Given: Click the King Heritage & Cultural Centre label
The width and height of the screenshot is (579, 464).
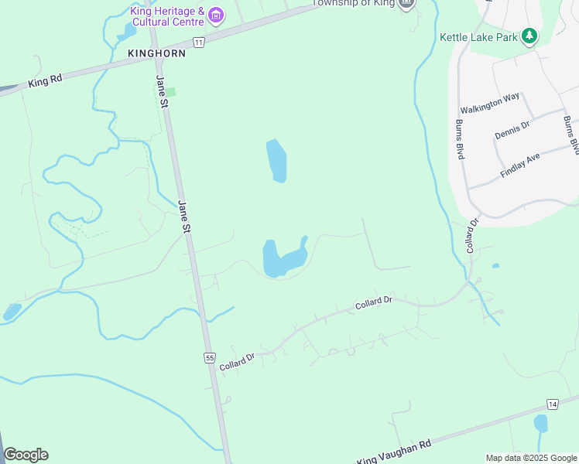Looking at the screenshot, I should point(166,16).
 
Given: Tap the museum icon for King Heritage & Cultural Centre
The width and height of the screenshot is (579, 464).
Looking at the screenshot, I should point(216,15).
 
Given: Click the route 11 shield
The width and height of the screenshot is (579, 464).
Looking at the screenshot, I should point(200,42).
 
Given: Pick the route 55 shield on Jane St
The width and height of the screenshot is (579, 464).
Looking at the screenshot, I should point(210,357).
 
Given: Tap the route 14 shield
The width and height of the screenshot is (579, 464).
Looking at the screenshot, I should point(552,404).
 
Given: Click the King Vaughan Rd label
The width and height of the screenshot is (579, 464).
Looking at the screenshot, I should point(394,452).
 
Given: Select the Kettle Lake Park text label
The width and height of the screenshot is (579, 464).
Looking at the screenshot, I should point(477,36).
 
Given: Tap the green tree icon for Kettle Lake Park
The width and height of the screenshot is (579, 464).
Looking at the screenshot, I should point(529,36).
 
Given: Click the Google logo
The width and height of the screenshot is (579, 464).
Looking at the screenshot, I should point(26,455).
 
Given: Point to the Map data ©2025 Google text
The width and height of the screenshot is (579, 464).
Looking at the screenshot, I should point(531,458).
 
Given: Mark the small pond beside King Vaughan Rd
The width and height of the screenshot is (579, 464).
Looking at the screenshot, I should point(540,423).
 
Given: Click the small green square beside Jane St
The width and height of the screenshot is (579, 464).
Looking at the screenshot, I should point(171,92).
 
